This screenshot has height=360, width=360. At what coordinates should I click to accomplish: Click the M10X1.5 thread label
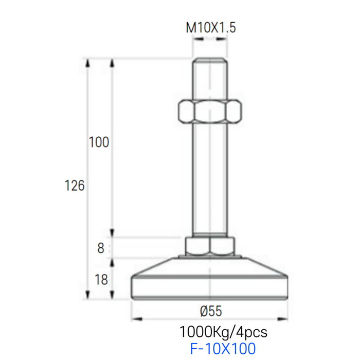[x=211, y=28]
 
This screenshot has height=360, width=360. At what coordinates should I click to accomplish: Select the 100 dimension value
[x=99, y=142]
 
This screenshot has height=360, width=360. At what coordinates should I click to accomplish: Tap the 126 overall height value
[x=75, y=186]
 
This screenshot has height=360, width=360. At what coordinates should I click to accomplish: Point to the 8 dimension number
[x=101, y=248]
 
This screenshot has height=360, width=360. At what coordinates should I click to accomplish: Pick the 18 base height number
[x=101, y=280]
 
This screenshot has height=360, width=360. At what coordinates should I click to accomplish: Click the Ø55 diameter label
[x=211, y=311]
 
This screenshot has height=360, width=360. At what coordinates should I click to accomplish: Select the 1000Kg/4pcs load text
[x=223, y=332]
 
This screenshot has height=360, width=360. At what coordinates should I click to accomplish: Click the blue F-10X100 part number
[x=223, y=348]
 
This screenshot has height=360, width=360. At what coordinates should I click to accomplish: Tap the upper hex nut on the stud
[x=210, y=111]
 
